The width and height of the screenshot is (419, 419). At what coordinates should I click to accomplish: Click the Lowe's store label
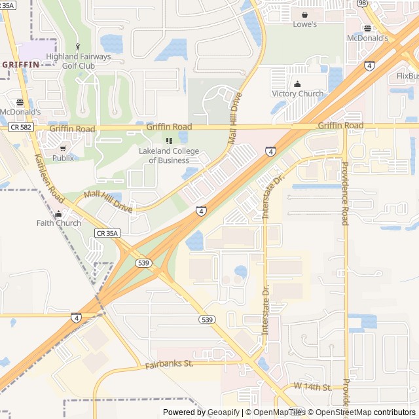[304, 25]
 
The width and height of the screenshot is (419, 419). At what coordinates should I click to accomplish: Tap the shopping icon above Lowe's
[304, 14]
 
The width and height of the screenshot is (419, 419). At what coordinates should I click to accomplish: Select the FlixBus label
[407, 76]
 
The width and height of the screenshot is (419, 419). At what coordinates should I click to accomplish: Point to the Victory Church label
[298, 94]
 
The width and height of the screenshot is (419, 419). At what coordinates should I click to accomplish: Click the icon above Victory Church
[298, 84]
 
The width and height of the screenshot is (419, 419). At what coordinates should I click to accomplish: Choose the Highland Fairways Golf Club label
[88, 61]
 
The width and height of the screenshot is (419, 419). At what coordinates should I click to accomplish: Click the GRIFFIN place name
[21, 64]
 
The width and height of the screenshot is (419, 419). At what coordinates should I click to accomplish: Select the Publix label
[63, 158]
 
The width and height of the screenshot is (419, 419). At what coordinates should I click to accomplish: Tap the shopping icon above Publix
[63, 148]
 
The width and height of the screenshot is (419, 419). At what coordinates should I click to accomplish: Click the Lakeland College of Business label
[169, 156]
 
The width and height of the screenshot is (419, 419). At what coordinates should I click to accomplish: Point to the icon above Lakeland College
[169, 141]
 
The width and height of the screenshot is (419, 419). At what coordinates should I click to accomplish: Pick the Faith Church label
[59, 223]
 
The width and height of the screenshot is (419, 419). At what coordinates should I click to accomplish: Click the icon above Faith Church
[59, 213]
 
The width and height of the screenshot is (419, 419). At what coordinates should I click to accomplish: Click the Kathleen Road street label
[49, 178]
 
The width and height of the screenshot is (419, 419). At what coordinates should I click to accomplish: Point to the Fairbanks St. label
[169, 363]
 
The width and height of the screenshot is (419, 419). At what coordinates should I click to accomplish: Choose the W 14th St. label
[312, 387]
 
